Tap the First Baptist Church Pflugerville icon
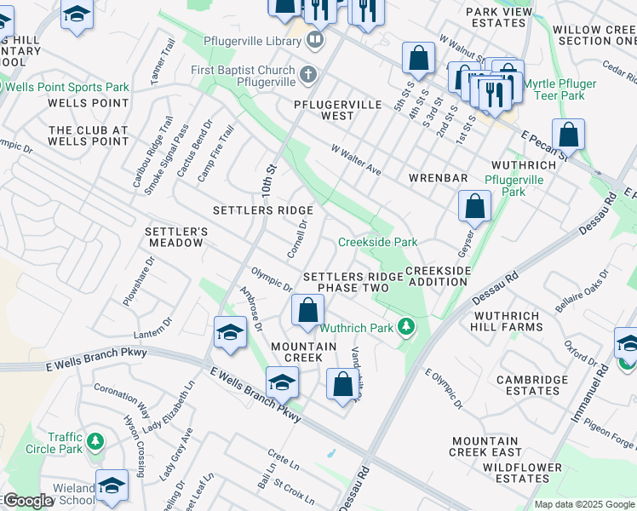[309, 75]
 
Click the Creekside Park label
[377, 243]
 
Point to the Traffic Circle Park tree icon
[96, 442]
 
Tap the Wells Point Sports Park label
[69, 88]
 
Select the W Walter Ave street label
[356, 158]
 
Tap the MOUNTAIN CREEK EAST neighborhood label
[486, 447]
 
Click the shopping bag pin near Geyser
[474, 206]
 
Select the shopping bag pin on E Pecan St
[568, 135]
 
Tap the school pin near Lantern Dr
[229, 333]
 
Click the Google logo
[27, 501]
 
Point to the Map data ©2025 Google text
[583, 504]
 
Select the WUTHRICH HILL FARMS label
[508, 320]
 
